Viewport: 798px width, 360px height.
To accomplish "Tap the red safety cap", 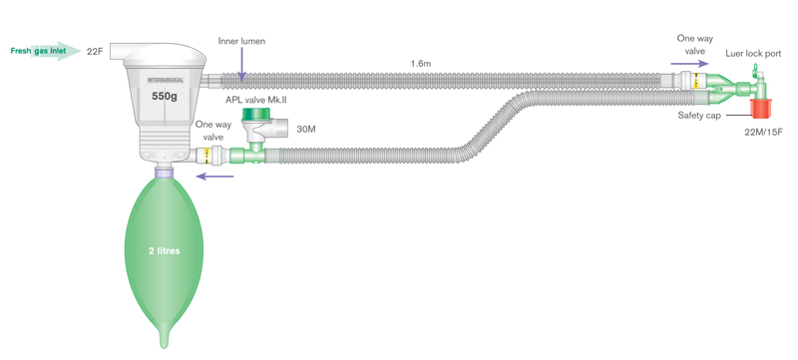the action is (x=762, y=109).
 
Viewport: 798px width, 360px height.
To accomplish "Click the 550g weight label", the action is (x=164, y=96).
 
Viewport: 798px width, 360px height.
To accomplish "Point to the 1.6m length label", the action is (x=420, y=64).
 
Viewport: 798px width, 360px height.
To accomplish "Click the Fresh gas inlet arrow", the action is (x=46, y=51).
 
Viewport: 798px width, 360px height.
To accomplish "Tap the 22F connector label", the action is (x=95, y=51).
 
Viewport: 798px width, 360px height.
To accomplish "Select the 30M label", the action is (x=306, y=130).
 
